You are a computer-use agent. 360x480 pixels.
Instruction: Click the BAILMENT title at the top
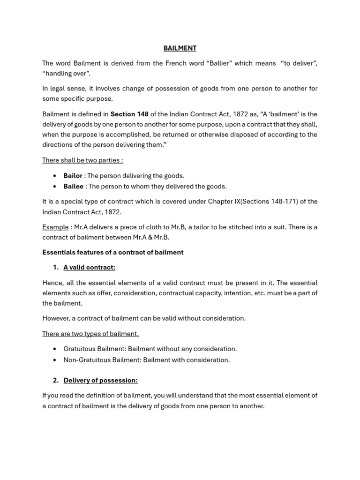[x=180, y=48]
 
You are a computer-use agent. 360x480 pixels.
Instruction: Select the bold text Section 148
[x=129, y=114]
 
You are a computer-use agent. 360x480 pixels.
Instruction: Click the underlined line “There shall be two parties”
[x=82, y=160]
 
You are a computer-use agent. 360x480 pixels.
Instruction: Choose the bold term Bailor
[x=73, y=176]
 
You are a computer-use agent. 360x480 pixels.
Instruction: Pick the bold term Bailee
[x=73, y=187]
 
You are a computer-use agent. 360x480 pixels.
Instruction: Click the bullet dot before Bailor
[x=55, y=176]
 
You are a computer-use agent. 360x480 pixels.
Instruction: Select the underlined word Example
[x=55, y=227]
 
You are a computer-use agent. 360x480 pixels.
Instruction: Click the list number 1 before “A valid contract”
[x=55, y=268]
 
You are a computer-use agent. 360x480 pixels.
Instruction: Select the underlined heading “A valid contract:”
[x=89, y=268]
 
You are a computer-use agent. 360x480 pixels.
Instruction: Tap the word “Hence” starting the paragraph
[x=52, y=283]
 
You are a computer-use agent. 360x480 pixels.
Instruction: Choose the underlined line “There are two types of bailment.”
[x=90, y=334]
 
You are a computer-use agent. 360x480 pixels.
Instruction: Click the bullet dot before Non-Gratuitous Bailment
[x=55, y=360]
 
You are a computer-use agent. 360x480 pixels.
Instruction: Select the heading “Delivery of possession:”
[x=100, y=380]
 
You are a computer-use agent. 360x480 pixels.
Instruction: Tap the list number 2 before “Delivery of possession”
[x=55, y=380]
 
